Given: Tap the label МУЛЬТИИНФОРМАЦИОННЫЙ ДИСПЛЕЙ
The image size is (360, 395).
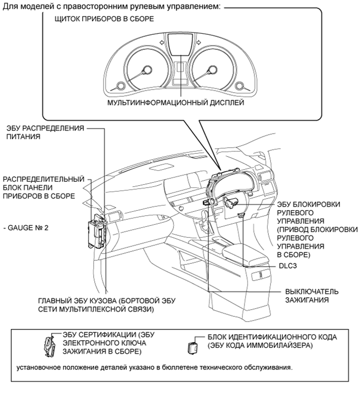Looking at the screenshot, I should coord(176,103).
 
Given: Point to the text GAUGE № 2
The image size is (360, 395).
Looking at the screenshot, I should coord(26,228).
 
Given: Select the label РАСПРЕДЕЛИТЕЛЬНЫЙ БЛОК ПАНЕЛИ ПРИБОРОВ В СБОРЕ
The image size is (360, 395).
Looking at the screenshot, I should coord(43,187).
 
